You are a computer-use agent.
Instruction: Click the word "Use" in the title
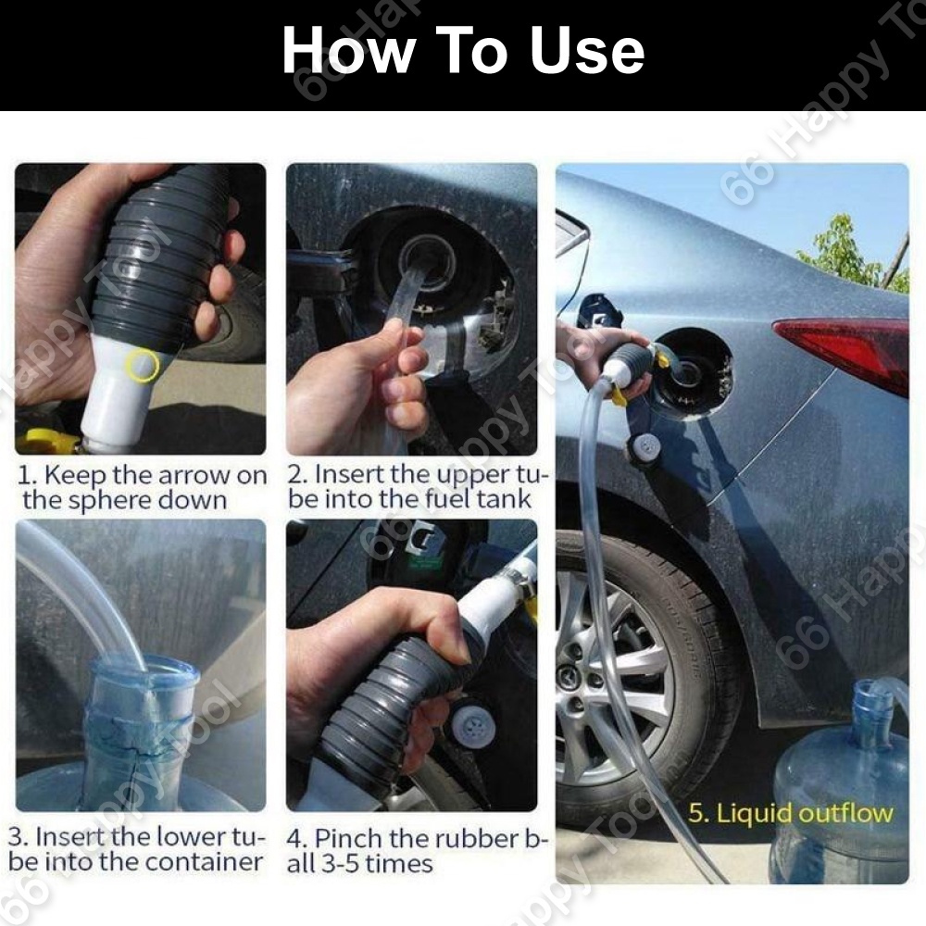[586, 51]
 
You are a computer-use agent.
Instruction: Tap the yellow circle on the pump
[143, 365]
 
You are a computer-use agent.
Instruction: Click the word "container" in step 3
[204, 861]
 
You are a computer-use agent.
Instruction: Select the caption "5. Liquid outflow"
[790, 813]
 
